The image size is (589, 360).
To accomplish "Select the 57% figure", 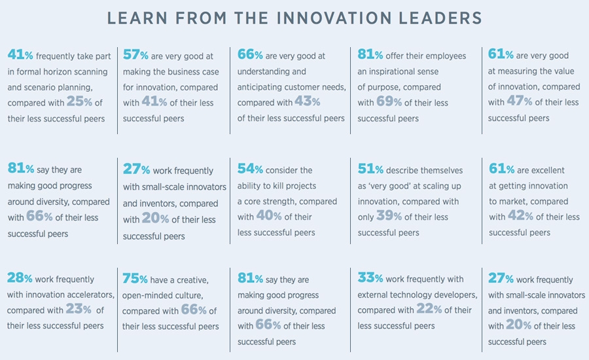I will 136,55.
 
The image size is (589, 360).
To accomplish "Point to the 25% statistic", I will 80,102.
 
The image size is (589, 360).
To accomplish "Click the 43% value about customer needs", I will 307,102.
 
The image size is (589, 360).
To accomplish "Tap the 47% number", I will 520,102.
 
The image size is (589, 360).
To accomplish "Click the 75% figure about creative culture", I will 135,278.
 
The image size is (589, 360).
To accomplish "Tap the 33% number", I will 370,278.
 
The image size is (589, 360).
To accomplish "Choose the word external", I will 375,295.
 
